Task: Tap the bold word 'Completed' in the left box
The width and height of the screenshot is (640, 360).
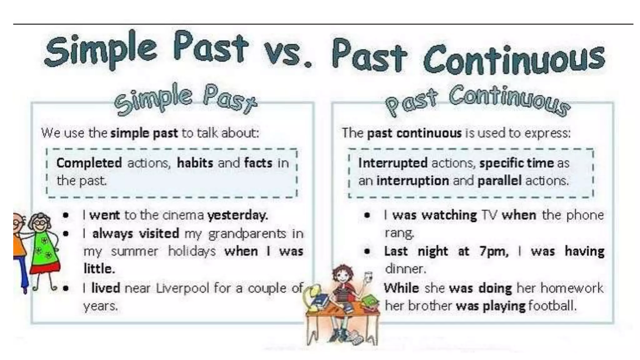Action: (89, 163)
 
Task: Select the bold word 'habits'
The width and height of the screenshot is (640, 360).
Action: (195, 163)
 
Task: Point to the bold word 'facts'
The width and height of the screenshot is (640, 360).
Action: (258, 163)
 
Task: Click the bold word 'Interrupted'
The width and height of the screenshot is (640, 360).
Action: (393, 163)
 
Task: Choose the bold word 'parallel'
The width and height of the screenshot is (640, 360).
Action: (499, 181)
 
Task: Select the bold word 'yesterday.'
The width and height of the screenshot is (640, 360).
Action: (237, 215)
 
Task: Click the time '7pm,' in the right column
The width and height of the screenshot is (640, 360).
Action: (494, 252)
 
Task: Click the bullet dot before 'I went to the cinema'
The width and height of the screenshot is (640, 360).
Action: (66, 215)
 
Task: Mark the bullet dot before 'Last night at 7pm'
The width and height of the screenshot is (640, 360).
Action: (367, 251)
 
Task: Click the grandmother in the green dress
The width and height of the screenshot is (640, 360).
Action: (44, 247)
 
